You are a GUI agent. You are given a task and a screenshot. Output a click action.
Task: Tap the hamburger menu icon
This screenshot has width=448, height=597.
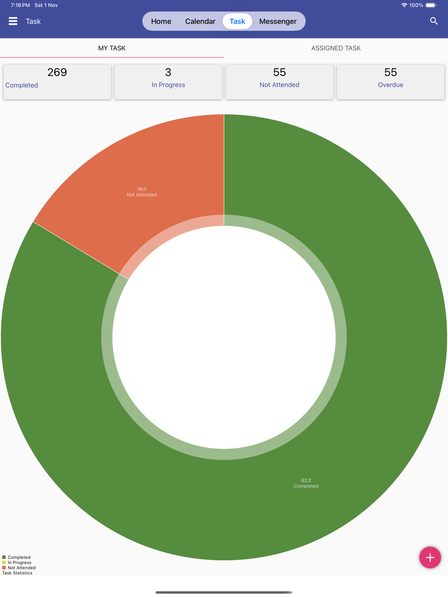pyautogui.click(x=13, y=21)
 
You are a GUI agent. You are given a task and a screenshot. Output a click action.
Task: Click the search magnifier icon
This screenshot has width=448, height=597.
pyautogui.click(x=434, y=21)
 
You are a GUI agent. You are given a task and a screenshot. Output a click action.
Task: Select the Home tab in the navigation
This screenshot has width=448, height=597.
pyautogui.click(x=161, y=21)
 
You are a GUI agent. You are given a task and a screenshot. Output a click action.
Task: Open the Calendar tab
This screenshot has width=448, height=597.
pyautogui.click(x=200, y=21)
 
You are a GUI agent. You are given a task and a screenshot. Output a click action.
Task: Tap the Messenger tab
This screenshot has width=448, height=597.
pyautogui.click(x=278, y=21)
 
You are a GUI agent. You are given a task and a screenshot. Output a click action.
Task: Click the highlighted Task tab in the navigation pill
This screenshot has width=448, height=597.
pyautogui.click(x=237, y=21)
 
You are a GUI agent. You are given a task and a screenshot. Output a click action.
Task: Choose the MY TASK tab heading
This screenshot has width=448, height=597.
pyautogui.click(x=112, y=48)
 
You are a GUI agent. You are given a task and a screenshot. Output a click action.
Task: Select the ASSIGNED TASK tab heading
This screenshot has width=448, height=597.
pyautogui.click(x=336, y=48)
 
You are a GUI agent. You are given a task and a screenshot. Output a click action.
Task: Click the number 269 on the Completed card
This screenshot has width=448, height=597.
pyautogui.click(x=57, y=72)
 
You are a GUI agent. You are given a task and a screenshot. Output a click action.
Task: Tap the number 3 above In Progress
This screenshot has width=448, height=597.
pyautogui.click(x=168, y=72)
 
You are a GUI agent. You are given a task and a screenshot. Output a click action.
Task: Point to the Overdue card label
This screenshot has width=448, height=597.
pyautogui.click(x=390, y=85)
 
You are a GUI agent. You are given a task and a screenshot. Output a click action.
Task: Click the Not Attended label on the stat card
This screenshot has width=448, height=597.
pyautogui.click(x=280, y=85)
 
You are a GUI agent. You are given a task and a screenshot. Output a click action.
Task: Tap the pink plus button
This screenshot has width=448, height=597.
pyautogui.click(x=430, y=557)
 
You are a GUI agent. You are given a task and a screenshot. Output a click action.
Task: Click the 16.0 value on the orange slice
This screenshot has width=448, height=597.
pyautogui.click(x=142, y=189)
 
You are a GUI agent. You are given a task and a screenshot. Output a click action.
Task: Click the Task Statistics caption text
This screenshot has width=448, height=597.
pyautogui.click(x=17, y=573)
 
